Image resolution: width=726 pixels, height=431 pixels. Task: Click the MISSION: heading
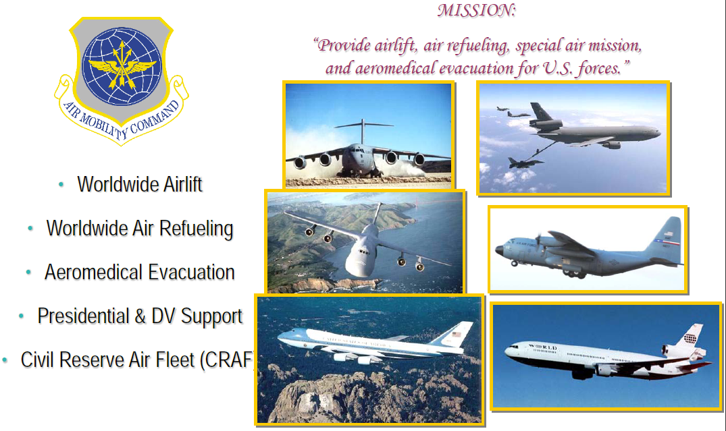tap(476, 10)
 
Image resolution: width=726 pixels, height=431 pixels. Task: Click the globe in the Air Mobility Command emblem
tap(122, 66)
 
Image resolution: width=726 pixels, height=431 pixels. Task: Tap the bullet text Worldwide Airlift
tap(140, 184)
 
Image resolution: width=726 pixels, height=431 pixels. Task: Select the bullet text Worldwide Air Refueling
tap(140, 229)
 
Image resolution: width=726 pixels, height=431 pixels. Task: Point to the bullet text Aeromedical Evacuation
tap(139, 272)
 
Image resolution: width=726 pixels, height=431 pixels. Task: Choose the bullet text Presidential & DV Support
tap(140, 316)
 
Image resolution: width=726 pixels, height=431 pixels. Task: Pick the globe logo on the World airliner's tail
tap(690, 338)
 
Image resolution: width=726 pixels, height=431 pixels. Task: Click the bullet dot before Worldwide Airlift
tap(61, 185)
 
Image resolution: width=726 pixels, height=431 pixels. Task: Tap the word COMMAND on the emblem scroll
tap(155, 118)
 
